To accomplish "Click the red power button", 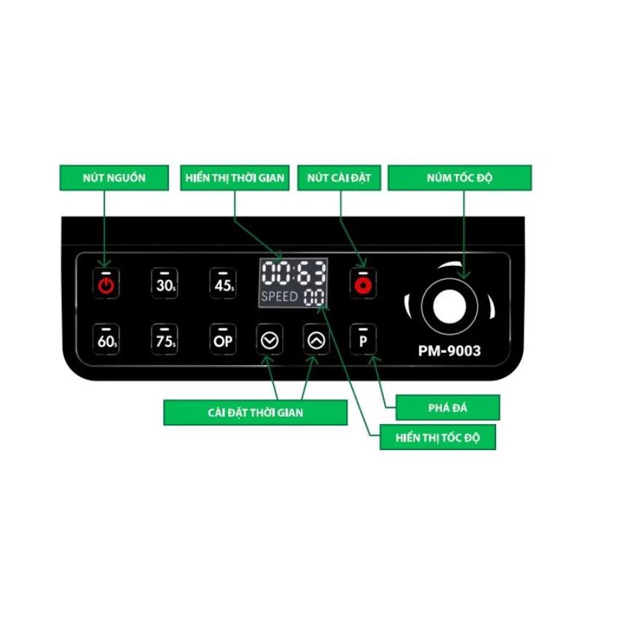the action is [106, 284].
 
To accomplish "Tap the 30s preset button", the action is [165, 284].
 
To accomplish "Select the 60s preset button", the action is [106, 340].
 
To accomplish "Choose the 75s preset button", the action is [165, 340].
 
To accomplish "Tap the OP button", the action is [223, 340].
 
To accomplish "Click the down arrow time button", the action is [270, 340].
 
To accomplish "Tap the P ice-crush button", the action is [362, 340].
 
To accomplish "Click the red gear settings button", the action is [362, 284].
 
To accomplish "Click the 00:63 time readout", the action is [294, 273].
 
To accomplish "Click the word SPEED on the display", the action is [279, 296].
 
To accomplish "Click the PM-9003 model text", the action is [449, 351].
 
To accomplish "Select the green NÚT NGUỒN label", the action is [103, 178].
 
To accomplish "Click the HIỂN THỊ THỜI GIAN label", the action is [234, 178].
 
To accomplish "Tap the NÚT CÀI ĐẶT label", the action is [339, 178].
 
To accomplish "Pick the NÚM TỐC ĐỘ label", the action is [459, 178].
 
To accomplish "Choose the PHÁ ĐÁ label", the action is [447, 408].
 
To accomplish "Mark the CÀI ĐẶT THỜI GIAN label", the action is [255, 412].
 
